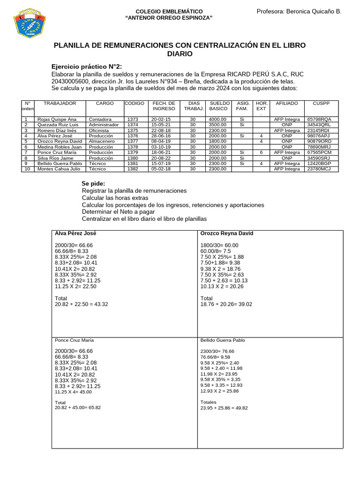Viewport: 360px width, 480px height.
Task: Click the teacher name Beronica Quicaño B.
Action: [x=299, y=11]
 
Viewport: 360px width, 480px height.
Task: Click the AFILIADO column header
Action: [x=286, y=103]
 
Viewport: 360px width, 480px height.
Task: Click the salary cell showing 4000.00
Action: [x=218, y=120]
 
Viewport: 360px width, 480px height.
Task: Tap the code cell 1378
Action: [x=133, y=147]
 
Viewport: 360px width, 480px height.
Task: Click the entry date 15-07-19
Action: [x=161, y=164]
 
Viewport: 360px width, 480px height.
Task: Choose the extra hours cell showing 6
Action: [x=261, y=152]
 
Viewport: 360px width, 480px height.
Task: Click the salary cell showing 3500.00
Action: [x=218, y=125]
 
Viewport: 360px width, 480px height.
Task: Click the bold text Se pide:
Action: [x=93, y=183]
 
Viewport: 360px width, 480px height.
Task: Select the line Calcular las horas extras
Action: [x=115, y=198]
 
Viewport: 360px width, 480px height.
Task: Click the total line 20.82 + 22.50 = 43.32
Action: [x=81, y=304]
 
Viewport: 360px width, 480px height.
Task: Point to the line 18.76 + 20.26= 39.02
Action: [x=226, y=304]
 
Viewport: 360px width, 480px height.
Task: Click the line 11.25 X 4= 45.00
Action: [x=73, y=392]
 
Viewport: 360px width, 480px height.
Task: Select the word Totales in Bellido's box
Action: [x=208, y=402]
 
